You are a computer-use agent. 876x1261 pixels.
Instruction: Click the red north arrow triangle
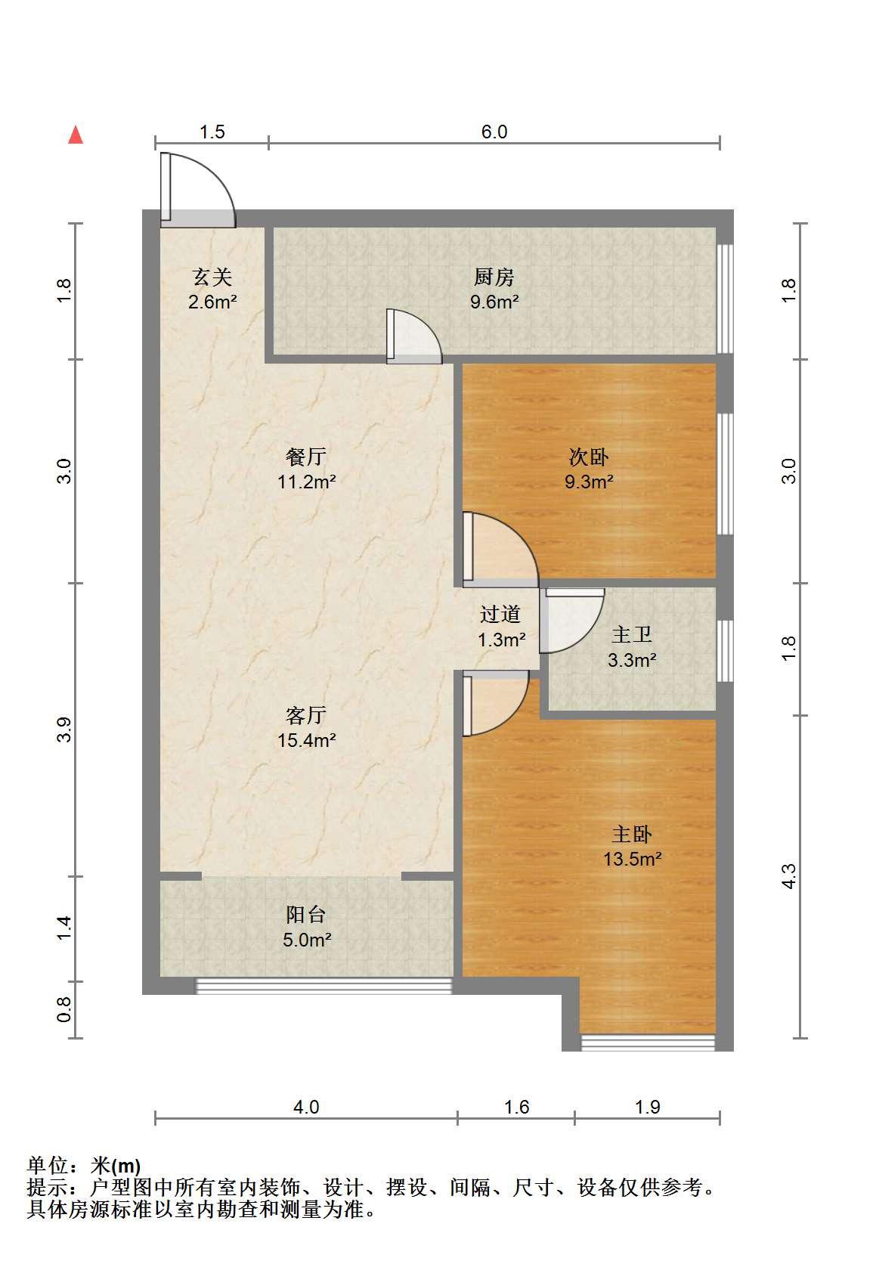76,135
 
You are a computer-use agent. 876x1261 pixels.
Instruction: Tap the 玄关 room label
212,277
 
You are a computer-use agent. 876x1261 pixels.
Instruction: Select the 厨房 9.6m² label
494,290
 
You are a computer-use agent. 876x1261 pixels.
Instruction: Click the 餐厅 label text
305,457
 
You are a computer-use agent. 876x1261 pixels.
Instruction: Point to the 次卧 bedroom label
588,457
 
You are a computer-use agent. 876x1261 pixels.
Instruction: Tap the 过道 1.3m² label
501,627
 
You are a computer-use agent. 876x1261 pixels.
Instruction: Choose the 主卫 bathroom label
632,634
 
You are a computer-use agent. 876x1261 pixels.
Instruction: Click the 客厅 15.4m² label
306,727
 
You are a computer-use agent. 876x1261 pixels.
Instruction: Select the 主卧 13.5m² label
632,846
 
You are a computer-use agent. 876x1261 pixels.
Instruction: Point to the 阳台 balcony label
305,914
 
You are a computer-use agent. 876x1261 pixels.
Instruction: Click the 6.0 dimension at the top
494,132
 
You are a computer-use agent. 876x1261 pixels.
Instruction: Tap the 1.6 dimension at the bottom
516,1108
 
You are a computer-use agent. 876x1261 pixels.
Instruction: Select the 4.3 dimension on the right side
789,876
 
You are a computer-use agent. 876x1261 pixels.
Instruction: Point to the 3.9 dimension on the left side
64,730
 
